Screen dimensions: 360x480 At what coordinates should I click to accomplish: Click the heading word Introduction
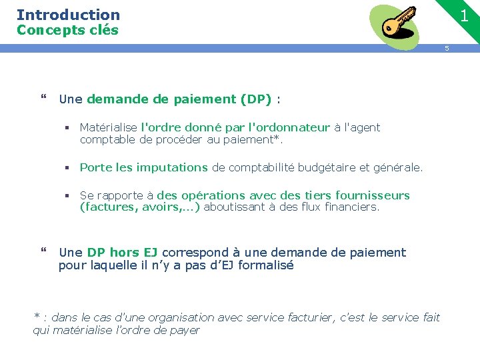[x=68, y=15]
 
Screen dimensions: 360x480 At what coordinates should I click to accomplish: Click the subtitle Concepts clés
[x=67, y=30]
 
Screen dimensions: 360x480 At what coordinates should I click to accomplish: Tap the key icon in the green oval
[x=399, y=23]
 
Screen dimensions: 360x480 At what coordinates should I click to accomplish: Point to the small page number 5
[x=447, y=48]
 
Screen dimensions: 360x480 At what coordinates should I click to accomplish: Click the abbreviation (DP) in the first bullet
[x=257, y=99]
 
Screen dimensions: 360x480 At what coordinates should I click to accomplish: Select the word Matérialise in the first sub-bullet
[x=109, y=127]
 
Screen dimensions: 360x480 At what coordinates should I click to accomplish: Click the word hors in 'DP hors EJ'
[x=125, y=253]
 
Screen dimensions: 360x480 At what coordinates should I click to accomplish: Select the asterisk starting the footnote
[x=37, y=317]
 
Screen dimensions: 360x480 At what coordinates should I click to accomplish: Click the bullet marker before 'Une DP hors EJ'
[x=44, y=252]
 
